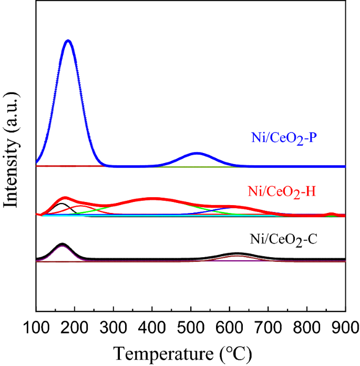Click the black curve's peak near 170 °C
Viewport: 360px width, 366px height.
click(x=62, y=244)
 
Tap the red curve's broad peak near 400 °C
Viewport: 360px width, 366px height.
click(x=152, y=199)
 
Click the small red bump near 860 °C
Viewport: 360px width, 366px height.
click(x=331, y=213)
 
